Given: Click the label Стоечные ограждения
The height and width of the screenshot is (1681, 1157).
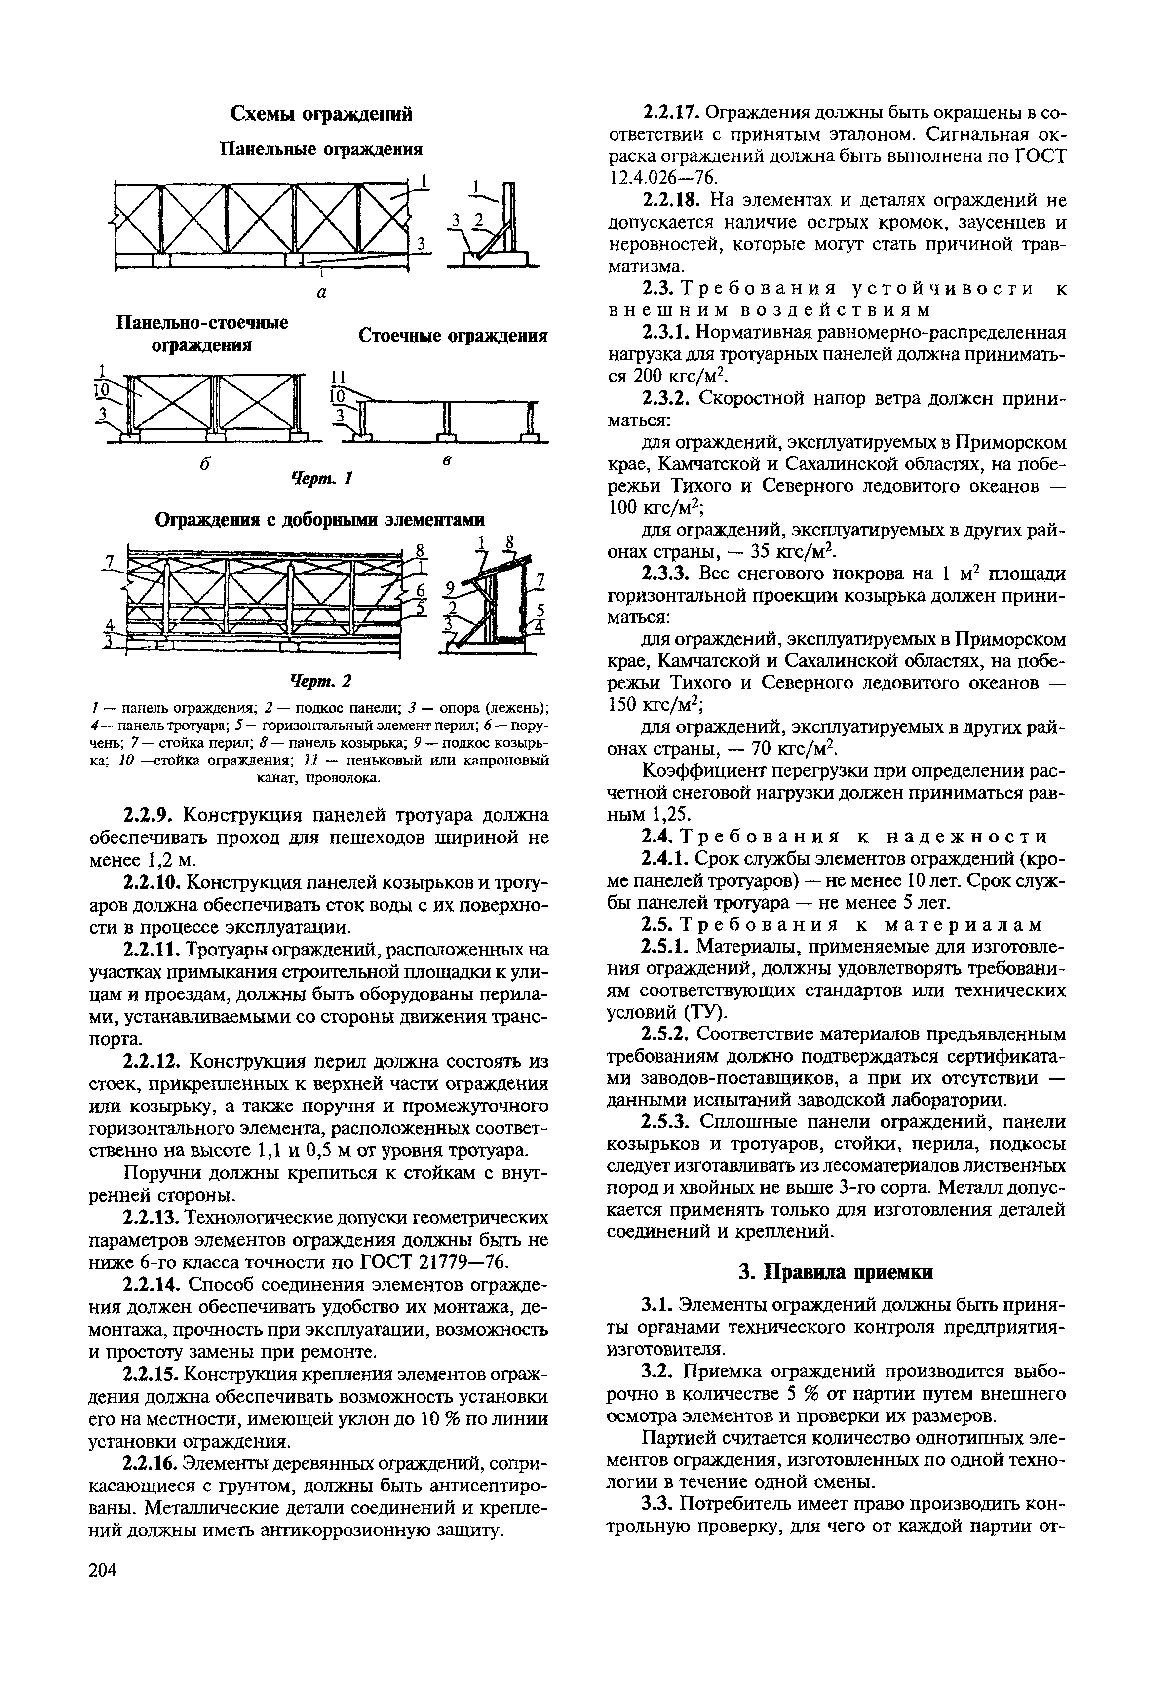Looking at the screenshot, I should click(x=452, y=336).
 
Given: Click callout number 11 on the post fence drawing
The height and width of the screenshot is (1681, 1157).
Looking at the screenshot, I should click(x=338, y=379).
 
